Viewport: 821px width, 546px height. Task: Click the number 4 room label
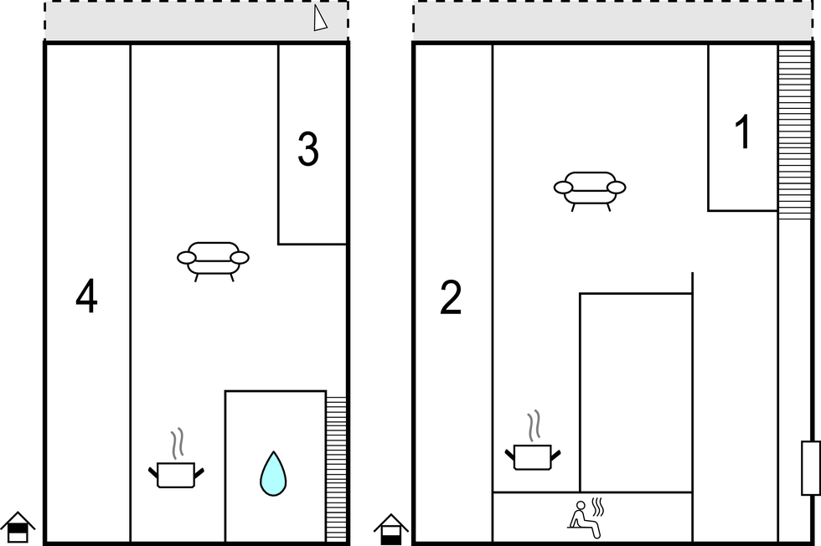pyautogui.click(x=86, y=296)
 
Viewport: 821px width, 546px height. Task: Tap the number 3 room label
pyautogui.click(x=308, y=149)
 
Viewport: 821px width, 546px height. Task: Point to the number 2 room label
pyautogui.click(x=451, y=297)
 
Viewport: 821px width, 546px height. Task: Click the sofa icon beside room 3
pyautogui.click(x=213, y=261)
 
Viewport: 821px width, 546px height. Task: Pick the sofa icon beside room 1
pyautogui.click(x=590, y=191)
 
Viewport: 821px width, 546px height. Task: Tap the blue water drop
pyautogui.click(x=273, y=474)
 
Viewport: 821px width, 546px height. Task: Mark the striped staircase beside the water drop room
pyautogui.click(x=336, y=469)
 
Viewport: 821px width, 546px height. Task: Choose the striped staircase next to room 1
pyautogui.click(x=794, y=132)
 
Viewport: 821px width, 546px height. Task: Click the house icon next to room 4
pyautogui.click(x=18, y=528)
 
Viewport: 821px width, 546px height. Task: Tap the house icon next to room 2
pyautogui.click(x=391, y=529)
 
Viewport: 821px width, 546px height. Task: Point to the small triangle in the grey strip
pyautogui.click(x=320, y=18)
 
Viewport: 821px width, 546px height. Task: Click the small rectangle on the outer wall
pyautogui.click(x=811, y=468)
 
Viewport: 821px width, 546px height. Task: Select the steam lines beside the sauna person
pyautogui.click(x=598, y=507)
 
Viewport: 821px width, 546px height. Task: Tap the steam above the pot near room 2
pyautogui.click(x=534, y=425)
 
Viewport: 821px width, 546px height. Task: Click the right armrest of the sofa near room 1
pyautogui.click(x=617, y=188)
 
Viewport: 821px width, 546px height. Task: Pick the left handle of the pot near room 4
pyautogui.click(x=152, y=471)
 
